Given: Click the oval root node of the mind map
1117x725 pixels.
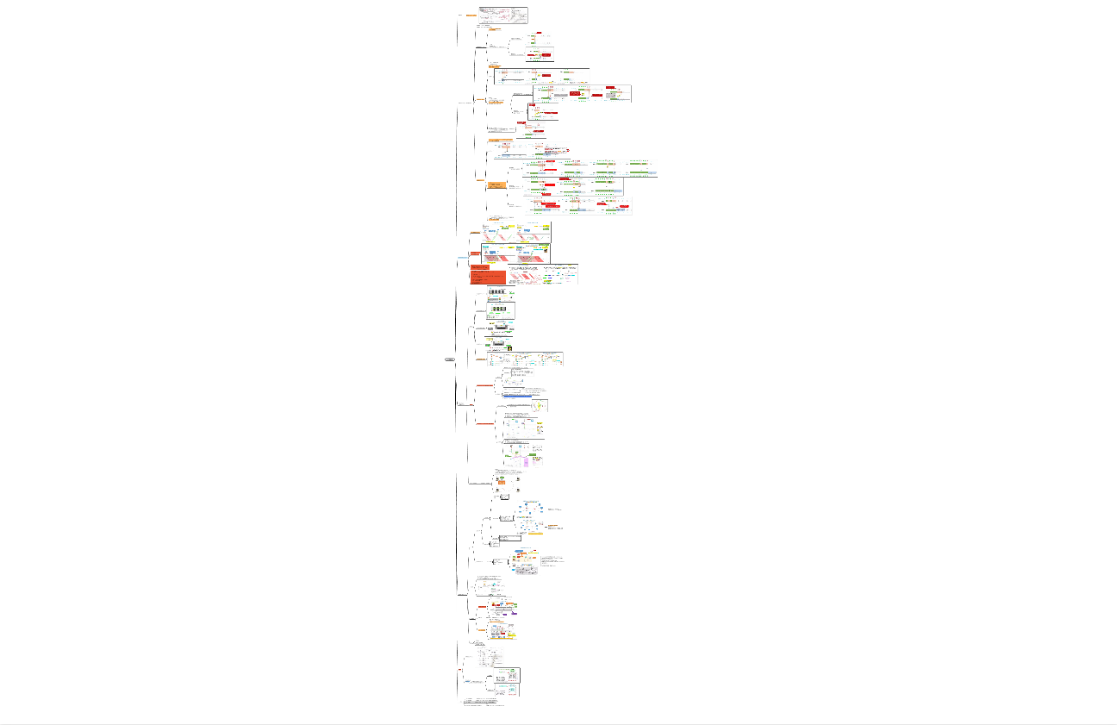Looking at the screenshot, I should point(450,359).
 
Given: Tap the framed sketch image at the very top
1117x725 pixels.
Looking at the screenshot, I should point(503,15).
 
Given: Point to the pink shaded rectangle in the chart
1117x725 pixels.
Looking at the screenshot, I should point(525,462).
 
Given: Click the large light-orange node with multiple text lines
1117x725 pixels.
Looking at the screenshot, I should point(496,185).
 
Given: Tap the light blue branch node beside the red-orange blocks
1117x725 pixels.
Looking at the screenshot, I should point(463,258).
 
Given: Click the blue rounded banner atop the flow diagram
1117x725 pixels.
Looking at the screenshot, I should point(520,550).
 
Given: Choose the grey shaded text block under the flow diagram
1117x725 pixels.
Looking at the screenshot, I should point(526,571).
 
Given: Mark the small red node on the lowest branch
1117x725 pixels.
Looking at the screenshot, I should point(461,669).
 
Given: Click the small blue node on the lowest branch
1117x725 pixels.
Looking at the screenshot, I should point(466,682).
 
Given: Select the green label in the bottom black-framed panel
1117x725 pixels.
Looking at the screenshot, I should point(514,670).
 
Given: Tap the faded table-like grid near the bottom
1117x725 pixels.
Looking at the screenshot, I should point(486,660).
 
